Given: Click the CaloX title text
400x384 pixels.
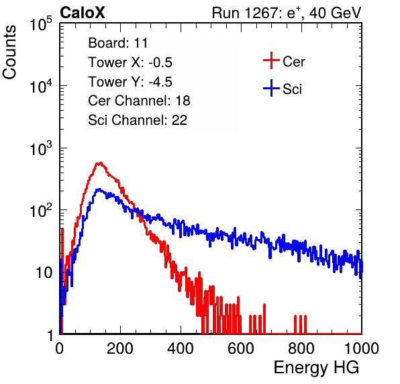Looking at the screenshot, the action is (83, 13).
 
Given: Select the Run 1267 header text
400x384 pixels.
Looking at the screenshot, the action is (287, 13).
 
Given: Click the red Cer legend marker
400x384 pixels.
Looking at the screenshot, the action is (271, 60).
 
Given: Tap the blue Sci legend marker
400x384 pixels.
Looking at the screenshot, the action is (271, 88).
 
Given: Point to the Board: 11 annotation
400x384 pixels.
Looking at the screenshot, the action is (118, 42).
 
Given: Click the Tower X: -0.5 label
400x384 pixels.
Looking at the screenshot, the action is (130, 62).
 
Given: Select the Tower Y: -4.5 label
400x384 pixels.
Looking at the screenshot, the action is (130, 81).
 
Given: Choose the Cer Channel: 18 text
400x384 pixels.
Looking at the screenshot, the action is (139, 101).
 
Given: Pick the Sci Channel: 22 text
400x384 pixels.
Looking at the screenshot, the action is (138, 120).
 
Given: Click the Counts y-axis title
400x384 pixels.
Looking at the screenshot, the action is (9, 52).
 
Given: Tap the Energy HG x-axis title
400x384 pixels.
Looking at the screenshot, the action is (316, 367).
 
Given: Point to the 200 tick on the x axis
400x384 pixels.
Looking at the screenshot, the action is (120, 348).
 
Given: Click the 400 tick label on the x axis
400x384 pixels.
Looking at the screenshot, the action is (181, 348).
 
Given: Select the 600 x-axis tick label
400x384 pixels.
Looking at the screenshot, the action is (241, 348).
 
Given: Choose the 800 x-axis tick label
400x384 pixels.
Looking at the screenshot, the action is (301, 348).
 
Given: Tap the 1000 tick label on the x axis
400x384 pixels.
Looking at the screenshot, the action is (362, 348).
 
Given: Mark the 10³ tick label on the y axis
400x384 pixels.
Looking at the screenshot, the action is (41, 148).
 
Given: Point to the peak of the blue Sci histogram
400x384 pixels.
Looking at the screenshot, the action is (99, 189).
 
